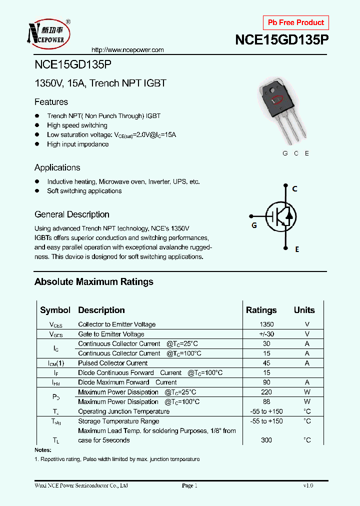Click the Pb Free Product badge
(296, 22)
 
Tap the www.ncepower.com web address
(128, 50)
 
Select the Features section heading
(51, 102)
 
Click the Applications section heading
(57, 167)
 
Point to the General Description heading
(71, 214)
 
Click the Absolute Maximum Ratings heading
(93, 282)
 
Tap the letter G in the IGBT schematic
(254, 225)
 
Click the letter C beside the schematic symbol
(295, 189)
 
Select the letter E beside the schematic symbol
(296, 249)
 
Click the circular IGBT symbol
(280, 216)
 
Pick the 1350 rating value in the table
(266, 324)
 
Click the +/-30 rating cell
(266, 334)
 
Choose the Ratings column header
(261, 310)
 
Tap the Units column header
(304, 310)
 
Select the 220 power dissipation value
(266, 392)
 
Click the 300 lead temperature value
(266, 440)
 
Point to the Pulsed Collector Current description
(112, 363)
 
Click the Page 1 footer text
(190, 485)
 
